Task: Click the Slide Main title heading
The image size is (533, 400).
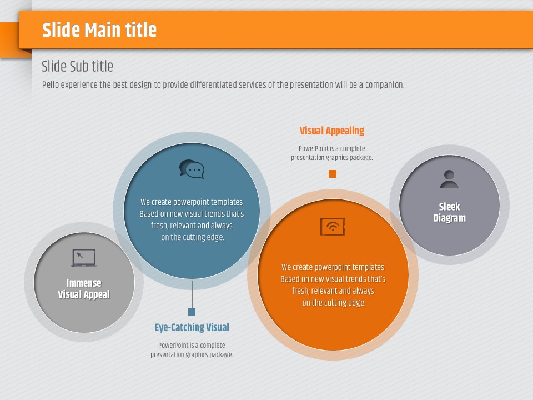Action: pos(99,29)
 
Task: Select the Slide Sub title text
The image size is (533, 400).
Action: pos(77,66)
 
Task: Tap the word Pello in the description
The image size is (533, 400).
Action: pos(51,84)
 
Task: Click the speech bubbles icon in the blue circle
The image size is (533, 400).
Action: pos(192,169)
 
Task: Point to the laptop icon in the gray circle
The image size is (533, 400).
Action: pos(84,258)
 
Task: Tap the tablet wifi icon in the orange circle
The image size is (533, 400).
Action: pos(333,227)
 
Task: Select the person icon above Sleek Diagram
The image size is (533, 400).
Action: pos(449,179)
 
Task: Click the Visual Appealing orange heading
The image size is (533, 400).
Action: pos(332,131)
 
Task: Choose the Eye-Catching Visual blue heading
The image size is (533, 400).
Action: pos(192,327)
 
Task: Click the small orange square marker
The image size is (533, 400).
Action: pos(333,174)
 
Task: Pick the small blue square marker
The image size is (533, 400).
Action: pos(192,312)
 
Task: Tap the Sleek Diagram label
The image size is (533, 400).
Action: pos(449,212)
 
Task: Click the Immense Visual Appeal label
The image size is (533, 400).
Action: pos(84,289)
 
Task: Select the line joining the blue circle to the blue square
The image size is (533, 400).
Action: pos(192,294)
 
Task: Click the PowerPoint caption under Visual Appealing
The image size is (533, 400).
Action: pos(332,153)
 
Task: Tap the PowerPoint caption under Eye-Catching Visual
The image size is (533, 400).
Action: pos(192,350)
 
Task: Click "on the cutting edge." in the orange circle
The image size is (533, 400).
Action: pos(334,303)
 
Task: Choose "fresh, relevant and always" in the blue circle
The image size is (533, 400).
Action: pos(192,226)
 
